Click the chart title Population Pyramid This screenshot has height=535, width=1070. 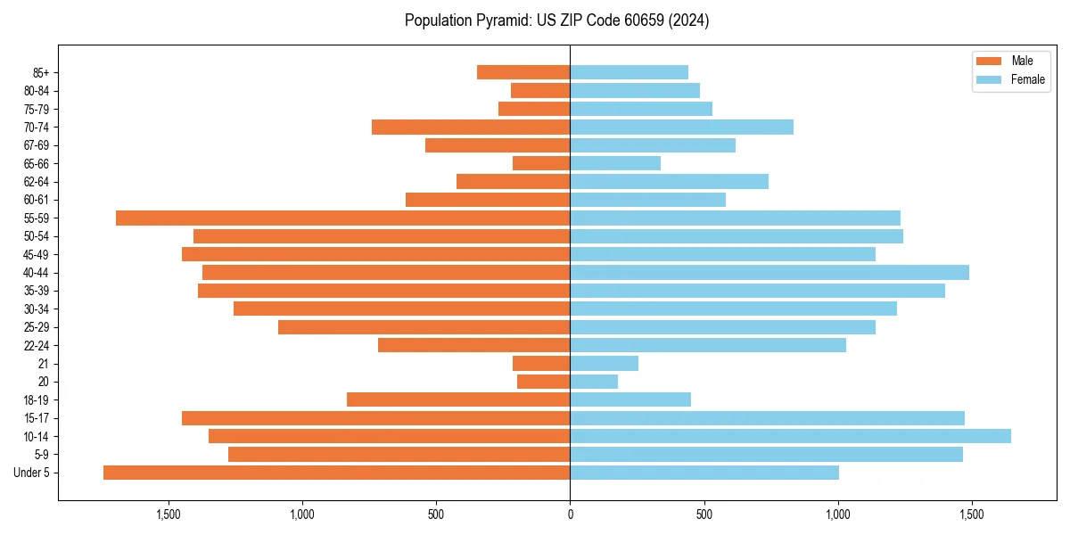(x=556, y=21)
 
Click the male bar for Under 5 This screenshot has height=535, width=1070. (x=336, y=473)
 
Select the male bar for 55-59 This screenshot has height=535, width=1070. (x=342, y=218)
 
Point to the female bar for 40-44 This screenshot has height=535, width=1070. (x=770, y=272)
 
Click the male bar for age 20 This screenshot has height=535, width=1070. (x=543, y=382)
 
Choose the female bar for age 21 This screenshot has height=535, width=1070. (x=604, y=363)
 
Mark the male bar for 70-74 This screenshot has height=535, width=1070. (x=471, y=127)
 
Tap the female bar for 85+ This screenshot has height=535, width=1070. (x=629, y=72)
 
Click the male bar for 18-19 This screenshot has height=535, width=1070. (x=458, y=399)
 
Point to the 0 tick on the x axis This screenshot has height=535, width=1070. (x=570, y=514)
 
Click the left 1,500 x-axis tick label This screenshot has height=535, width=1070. (x=169, y=514)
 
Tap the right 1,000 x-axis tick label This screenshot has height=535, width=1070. (x=837, y=514)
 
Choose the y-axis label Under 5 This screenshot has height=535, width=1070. (x=31, y=473)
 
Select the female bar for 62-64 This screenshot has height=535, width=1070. (x=669, y=181)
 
